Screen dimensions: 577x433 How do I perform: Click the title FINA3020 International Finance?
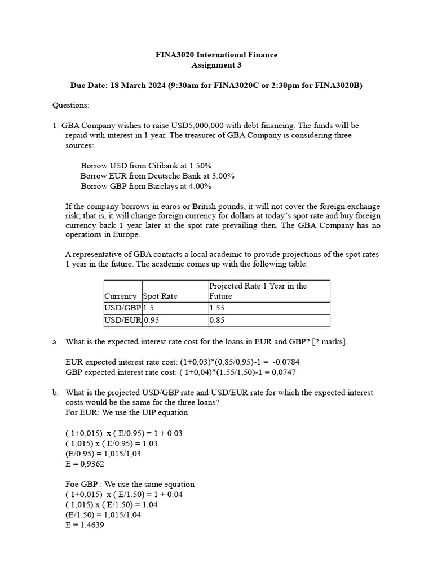click(216, 55)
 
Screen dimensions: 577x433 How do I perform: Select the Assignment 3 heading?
click(216, 65)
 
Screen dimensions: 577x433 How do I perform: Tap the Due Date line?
click(216, 85)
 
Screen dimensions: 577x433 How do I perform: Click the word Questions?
click(70, 105)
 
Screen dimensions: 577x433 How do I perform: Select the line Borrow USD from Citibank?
click(146, 166)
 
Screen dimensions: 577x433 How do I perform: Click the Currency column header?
click(120, 296)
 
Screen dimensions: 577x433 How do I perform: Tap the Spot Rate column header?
click(160, 296)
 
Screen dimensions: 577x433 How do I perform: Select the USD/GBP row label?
click(122, 308)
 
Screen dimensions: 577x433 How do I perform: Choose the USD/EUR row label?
click(122, 321)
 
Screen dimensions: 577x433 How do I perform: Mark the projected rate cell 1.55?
click(217, 308)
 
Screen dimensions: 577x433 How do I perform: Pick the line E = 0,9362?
click(85, 464)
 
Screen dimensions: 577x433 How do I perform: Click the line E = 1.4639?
click(85, 525)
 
